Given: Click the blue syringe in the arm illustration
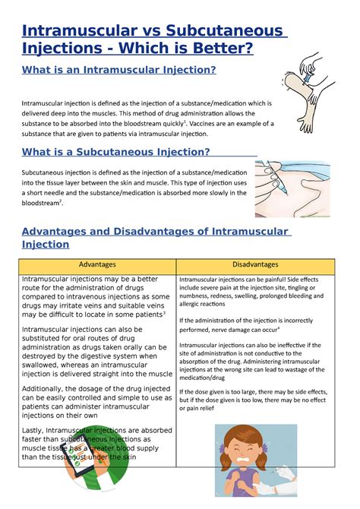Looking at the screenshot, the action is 307,74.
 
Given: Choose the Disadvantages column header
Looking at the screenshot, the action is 255,264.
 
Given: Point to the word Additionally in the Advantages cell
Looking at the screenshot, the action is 47,388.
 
